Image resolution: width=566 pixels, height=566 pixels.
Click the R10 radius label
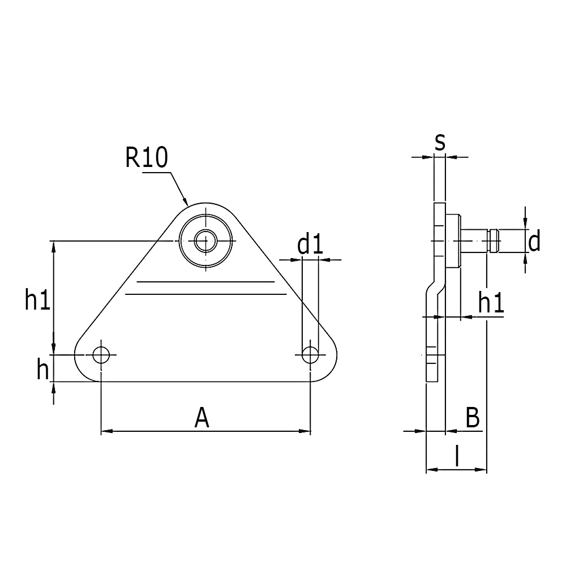click(x=147, y=157)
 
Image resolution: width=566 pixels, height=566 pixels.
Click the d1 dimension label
click(x=310, y=245)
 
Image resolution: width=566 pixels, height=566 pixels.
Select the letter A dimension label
click(x=202, y=418)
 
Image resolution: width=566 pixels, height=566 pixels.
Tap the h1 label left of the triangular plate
click(x=38, y=301)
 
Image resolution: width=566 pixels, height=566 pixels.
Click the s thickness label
click(x=440, y=141)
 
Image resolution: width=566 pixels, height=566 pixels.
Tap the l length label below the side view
click(x=456, y=456)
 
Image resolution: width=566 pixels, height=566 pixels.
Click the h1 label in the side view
click(x=491, y=303)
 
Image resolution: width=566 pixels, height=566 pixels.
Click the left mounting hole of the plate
click(x=102, y=354)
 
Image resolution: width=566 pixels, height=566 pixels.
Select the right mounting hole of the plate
click(x=310, y=354)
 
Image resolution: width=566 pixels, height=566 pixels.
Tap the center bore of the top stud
click(x=205, y=241)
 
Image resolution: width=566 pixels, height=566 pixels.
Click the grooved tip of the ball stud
click(x=493, y=241)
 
